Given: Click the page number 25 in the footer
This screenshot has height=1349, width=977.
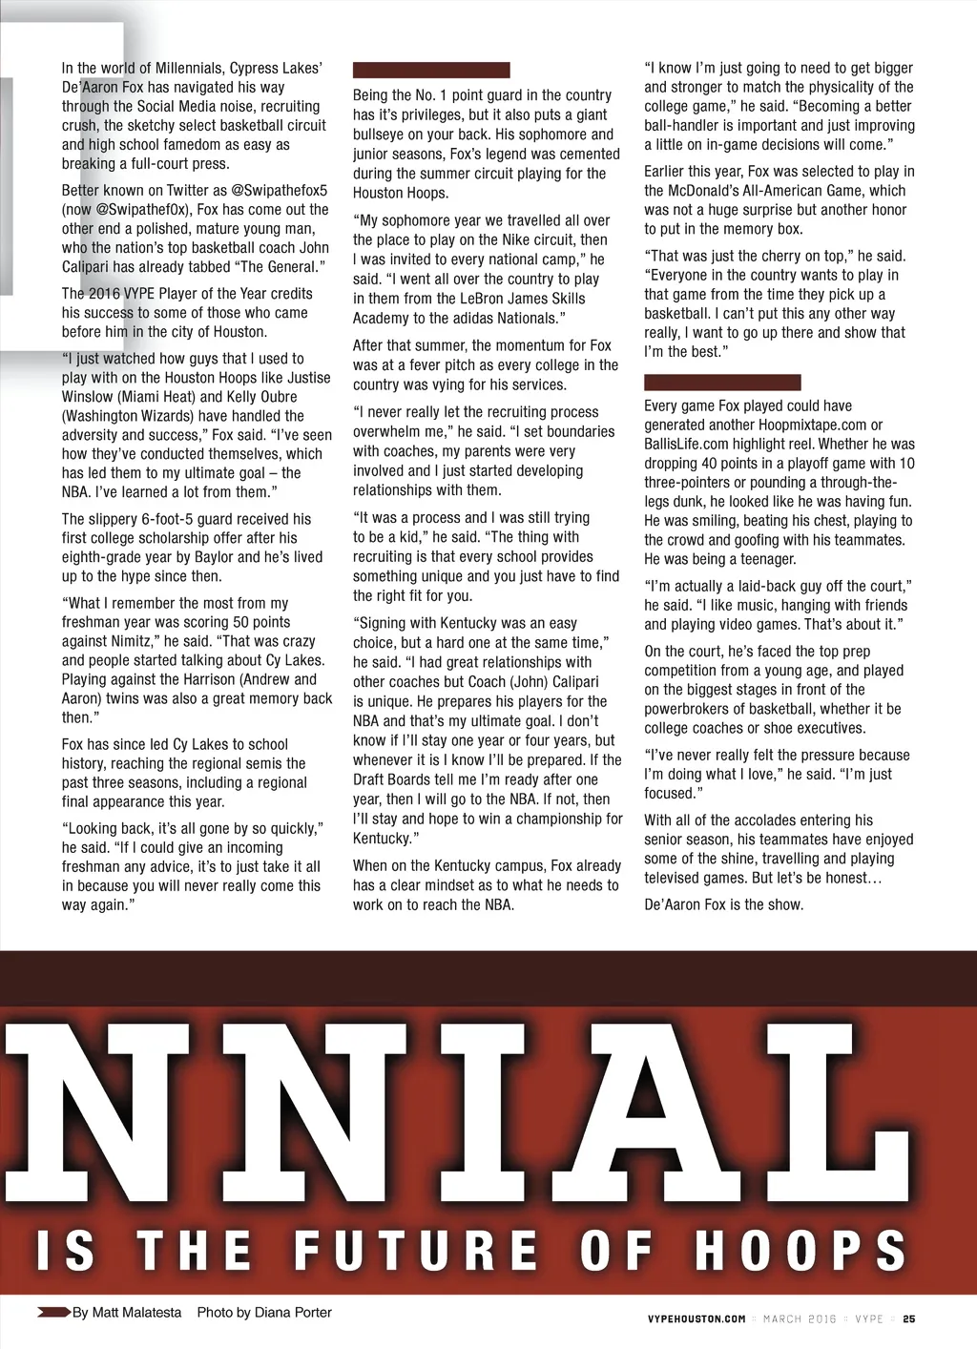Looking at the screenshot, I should pyautogui.click(x=908, y=1318).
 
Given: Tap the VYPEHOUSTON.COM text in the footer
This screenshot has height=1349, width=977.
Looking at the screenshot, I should pyautogui.click(x=696, y=1318).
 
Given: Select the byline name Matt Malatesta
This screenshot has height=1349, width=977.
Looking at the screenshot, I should pyautogui.click(x=136, y=1312).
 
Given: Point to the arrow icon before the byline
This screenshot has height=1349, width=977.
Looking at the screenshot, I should pyautogui.click(x=53, y=1312).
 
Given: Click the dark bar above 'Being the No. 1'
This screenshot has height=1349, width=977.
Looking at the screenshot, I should pyautogui.click(x=431, y=70).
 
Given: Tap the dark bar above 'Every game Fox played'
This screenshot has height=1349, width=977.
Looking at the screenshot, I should pyautogui.click(x=722, y=382).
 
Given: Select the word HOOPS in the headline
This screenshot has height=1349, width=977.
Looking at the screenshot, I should pyautogui.click(x=800, y=1250).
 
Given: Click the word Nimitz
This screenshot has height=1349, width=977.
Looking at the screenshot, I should pyautogui.click(x=132, y=641).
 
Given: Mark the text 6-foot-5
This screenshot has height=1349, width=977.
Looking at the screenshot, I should pyautogui.click(x=170, y=519).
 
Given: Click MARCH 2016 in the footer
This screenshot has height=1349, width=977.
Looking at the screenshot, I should pyautogui.click(x=800, y=1318).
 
